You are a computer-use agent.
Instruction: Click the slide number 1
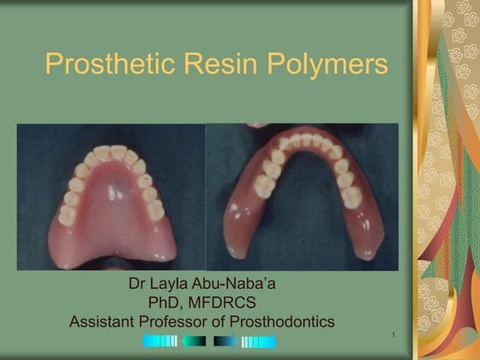[x=390, y=333]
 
